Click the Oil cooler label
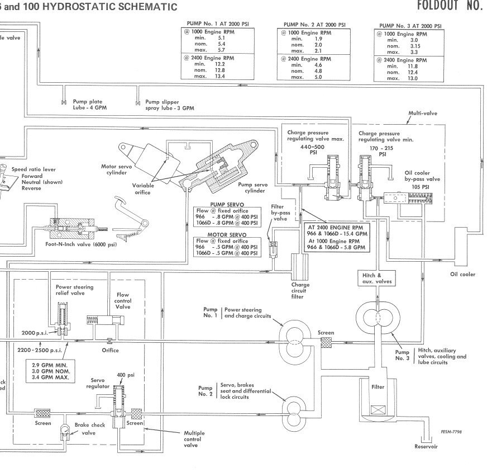pyautogui.click(x=462, y=275)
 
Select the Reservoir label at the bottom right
pyautogui.click(x=426, y=447)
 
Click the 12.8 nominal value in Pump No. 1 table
pyautogui.click(x=221, y=70)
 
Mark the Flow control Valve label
pyautogui.click(x=123, y=300)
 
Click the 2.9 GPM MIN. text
pyautogui.click(x=50, y=364)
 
